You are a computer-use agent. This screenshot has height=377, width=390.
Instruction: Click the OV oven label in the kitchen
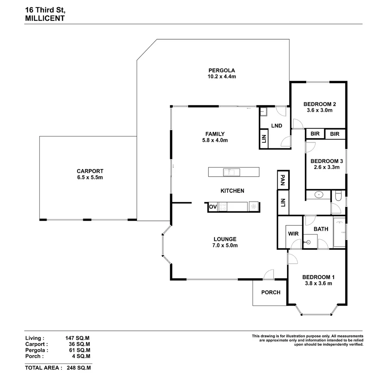[x=213, y=207]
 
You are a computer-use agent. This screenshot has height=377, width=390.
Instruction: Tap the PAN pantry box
[x=283, y=180]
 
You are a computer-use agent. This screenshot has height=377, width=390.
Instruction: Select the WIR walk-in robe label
[x=293, y=234]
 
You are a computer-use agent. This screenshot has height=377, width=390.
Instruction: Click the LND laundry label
[x=276, y=126]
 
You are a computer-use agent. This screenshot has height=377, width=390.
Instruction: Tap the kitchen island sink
[x=231, y=172]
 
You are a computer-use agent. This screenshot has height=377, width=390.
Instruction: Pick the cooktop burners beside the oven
[x=223, y=207]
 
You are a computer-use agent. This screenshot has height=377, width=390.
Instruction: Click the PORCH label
[x=271, y=292]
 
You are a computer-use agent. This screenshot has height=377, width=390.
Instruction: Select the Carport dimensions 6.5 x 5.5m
[x=90, y=177]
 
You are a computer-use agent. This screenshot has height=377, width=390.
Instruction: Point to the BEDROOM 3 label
[x=327, y=161]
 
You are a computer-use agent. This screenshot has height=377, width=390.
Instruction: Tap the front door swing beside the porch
[x=269, y=275]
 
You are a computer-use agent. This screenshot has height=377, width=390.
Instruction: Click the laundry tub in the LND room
[x=263, y=112]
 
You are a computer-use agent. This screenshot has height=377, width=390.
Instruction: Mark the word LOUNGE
[x=225, y=239]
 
